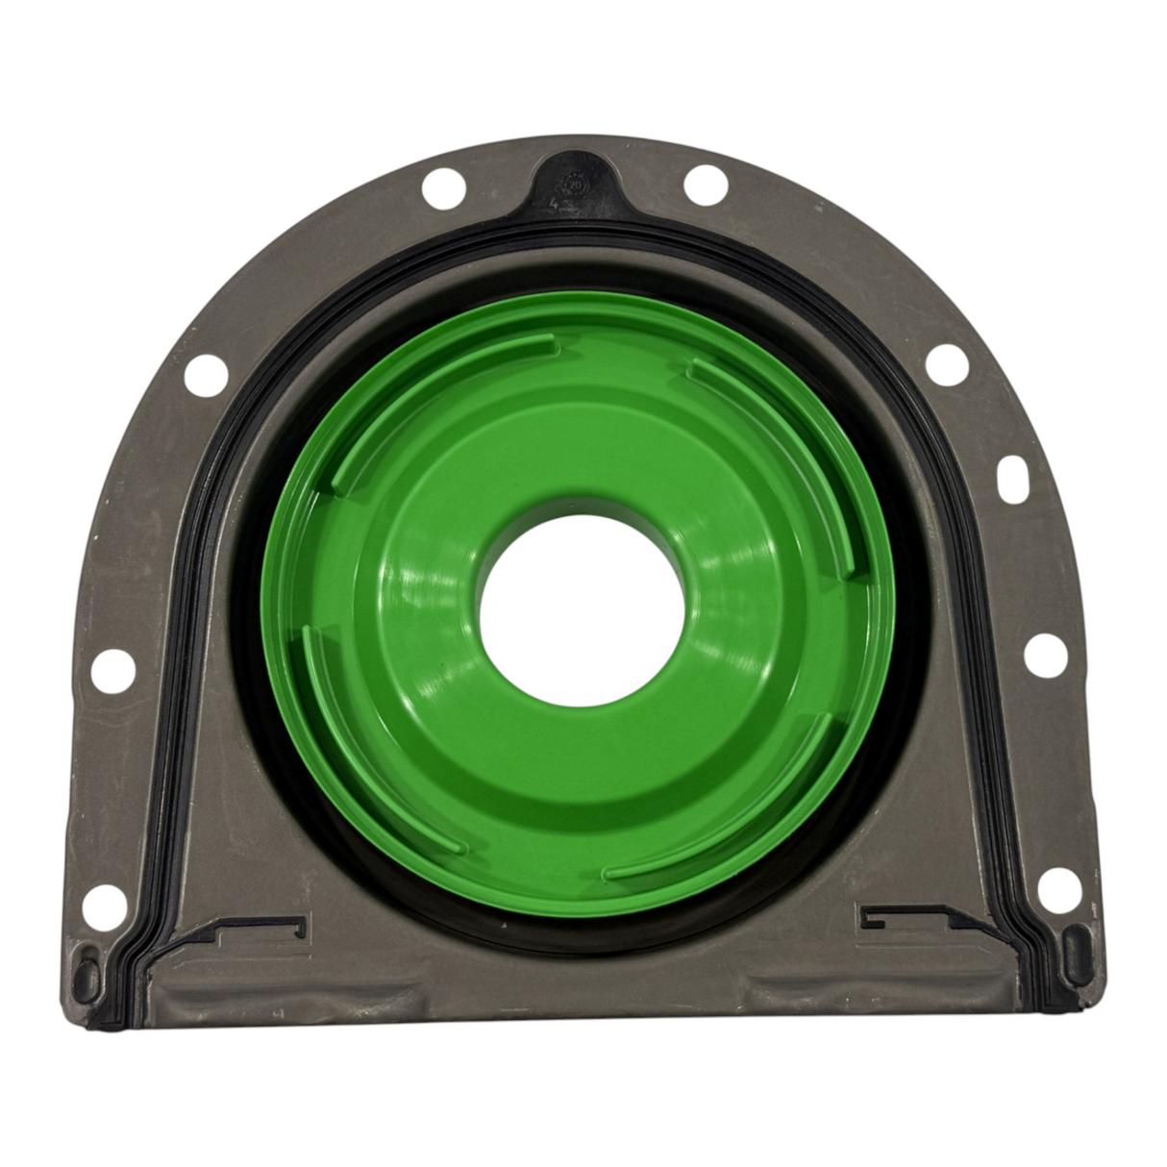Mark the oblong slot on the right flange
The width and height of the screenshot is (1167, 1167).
click(x=1015, y=477)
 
